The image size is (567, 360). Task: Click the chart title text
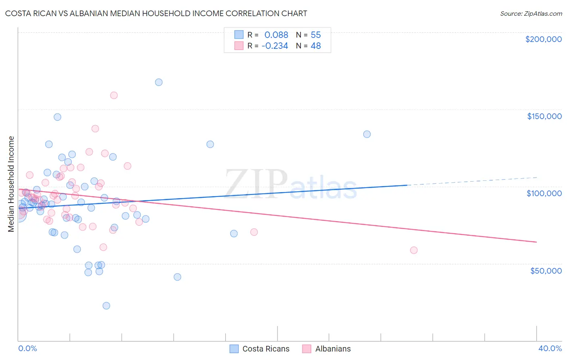(x=156, y=13)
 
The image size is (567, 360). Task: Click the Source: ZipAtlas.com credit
(x=531, y=13)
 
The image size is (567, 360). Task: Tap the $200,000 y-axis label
(x=543, y=39)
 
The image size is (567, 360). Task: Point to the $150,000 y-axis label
(x=544, y=116)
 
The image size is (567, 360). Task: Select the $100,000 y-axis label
(x=544, y=193)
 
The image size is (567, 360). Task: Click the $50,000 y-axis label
(x=546, y=270)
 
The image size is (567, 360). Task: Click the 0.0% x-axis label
(x=27, y=348)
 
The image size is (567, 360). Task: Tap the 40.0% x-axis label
(x=550, y=348)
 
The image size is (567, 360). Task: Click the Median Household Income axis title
(x=11, y=184)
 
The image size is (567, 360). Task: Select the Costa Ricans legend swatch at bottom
(x=234, y=349)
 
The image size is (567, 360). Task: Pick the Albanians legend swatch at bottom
(x=307, y=349)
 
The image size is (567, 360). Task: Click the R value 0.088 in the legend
(x=276, y=35)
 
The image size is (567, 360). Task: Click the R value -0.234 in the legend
(x=275, y=46)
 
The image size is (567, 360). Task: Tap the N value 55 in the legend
(x=316, y=35)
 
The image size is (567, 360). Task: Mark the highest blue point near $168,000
(x=159, y=82)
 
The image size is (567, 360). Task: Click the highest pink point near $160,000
(x=114, y=96)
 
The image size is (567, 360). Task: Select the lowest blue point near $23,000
(x=106, y=306)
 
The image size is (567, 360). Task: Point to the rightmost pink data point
(x=414, y=250)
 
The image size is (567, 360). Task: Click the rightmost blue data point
(x=367, y=134)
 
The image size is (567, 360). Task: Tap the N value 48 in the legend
(x=316, y=46)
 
